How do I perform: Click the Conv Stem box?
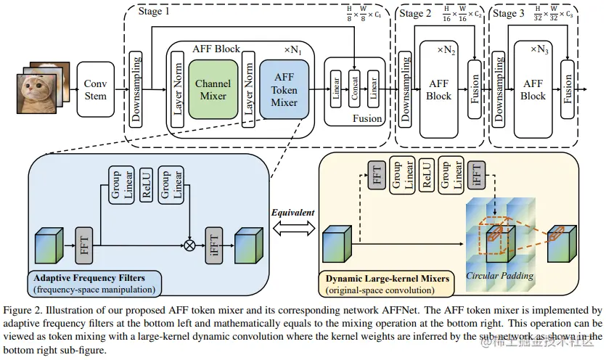[95, 91]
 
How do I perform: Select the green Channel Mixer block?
[212, 90]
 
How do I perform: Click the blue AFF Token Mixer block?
[284, 91]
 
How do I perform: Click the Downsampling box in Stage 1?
[135, 91]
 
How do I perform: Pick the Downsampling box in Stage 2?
[405, 91]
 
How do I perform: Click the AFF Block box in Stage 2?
[438, 90]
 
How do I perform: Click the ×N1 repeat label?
[293, 49]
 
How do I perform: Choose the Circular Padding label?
[499, 275]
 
